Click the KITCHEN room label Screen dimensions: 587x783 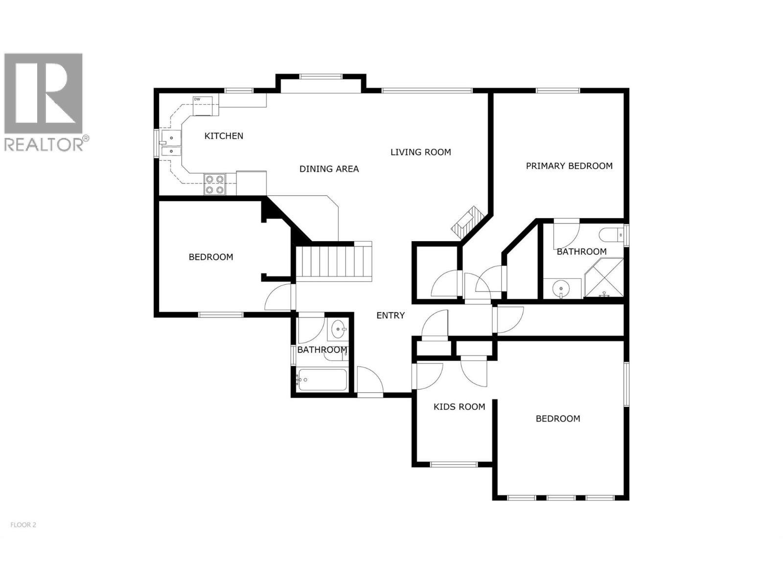tap(224, 136)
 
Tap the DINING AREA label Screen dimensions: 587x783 tap(329, 169)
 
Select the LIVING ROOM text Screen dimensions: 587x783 tap(420, 152)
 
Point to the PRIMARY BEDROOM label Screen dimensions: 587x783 tap(569, 166)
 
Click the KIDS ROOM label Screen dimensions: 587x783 tap(459, 406)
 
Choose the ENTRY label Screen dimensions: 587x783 tap(391, 316)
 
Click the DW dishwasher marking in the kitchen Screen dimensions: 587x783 tap(197, 99)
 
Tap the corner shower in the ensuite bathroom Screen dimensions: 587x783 tap(604, 279)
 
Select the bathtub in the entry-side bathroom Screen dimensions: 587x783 tap(322, 380)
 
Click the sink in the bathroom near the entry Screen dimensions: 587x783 tap(339, 330)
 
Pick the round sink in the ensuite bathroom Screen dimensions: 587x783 tap(560, 289)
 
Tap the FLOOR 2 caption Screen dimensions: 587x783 tap(23, 525)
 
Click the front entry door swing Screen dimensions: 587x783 tap(369, 381)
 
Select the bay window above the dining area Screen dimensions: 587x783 tap(321, 76)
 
